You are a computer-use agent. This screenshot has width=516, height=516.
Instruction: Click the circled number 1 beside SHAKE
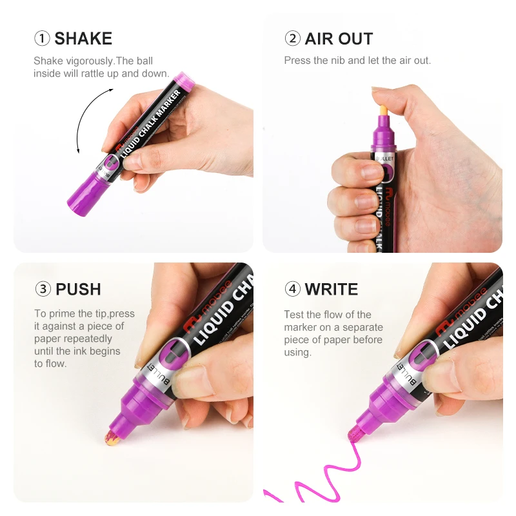pyautogui.click(x=42, y=39)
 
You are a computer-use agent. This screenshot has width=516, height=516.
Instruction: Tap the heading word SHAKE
pyautogui.click(x=83, y=39)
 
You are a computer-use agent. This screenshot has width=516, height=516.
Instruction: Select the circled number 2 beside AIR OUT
pyautogui.click(x=292, y=39)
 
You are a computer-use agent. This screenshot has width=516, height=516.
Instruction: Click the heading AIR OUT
pyautogui.click(x=339, y=39)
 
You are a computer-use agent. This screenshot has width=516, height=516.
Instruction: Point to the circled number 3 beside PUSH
pyautogui.click(x=43, y=289)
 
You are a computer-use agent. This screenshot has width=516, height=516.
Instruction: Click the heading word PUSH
pyautogui.click(x=78, y=289)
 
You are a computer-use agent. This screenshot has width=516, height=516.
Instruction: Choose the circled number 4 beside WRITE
pyautogui.click(x=292, y=289)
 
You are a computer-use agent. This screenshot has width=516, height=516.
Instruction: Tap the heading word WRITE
pyautogui.click(x=332, y=289)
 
